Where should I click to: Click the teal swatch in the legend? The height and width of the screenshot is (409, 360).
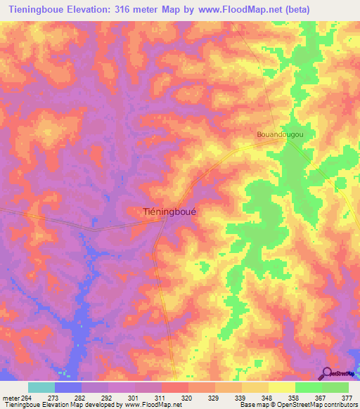tap(41, 387)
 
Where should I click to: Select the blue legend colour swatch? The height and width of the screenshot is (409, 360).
tap(68, 387)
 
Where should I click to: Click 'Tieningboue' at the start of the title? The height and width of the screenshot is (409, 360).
tap(34, 8)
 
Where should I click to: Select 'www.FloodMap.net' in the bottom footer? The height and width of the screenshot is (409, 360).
tap(147, 405)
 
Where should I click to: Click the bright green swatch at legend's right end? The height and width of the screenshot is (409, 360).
tap(335, 387)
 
